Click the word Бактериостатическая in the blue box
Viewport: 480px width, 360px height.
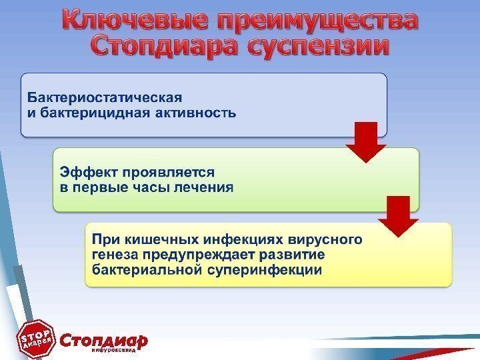[104, 97]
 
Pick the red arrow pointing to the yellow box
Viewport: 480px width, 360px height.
[399, 217]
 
